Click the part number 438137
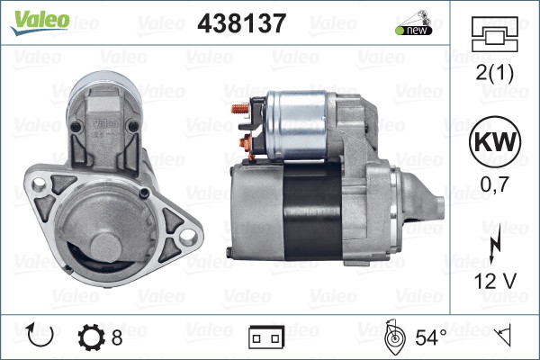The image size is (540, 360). point(241,24)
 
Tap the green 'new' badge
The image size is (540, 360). point(411,30)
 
